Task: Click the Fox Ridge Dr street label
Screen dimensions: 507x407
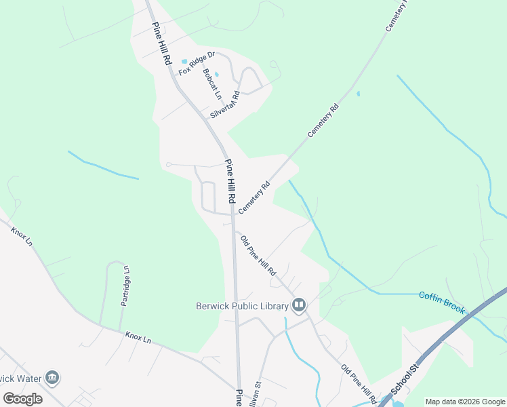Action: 197,62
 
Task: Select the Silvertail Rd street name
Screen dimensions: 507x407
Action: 225,105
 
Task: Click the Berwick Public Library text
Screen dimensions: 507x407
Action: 242,306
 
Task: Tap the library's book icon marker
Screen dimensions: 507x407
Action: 299,306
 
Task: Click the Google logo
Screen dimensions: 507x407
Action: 23,398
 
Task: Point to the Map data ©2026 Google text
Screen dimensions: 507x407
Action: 465,402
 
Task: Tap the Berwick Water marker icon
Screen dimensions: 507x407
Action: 52,378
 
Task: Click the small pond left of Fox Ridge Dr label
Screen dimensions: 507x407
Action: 184,62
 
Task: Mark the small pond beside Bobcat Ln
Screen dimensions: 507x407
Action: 217,74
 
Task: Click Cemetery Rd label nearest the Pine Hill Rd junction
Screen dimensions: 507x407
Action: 254,197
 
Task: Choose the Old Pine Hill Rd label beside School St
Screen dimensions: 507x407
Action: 359,384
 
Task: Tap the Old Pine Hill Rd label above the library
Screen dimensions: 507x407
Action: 258,255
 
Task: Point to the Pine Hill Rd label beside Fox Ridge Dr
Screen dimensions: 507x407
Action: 161,43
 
